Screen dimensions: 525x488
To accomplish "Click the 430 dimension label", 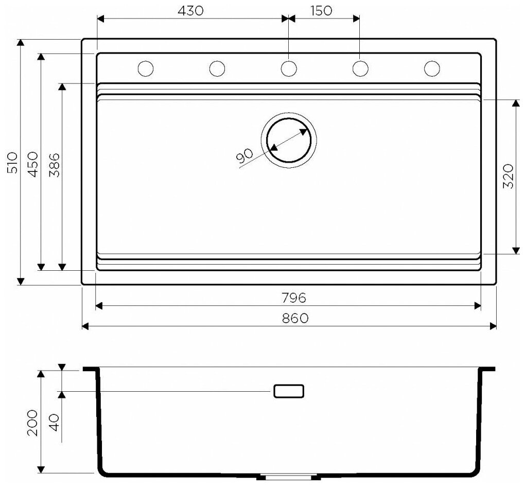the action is (190, 11).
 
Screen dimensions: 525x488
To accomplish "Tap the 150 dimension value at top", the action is (321, 11).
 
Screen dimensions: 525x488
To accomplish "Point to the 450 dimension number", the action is (33, 164).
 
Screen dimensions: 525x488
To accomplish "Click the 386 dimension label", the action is (54, 165).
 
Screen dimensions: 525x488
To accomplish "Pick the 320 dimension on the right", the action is (508, 176).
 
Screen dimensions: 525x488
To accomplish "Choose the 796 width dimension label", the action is (293, 298).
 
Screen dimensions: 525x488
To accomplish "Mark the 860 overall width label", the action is (294, 318).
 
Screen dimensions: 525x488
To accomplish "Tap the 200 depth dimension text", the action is (33, 423).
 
